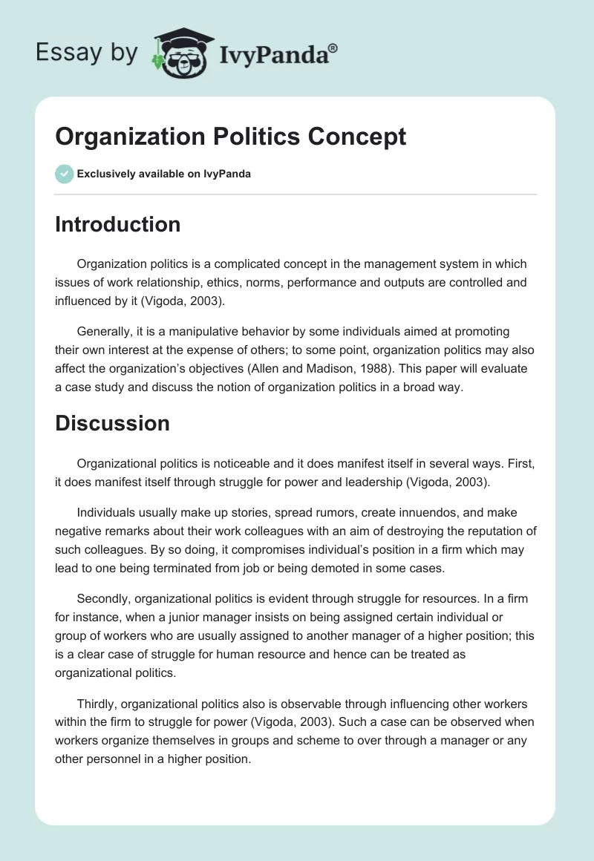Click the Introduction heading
pos(117,224)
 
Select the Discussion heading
pos(112,423)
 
